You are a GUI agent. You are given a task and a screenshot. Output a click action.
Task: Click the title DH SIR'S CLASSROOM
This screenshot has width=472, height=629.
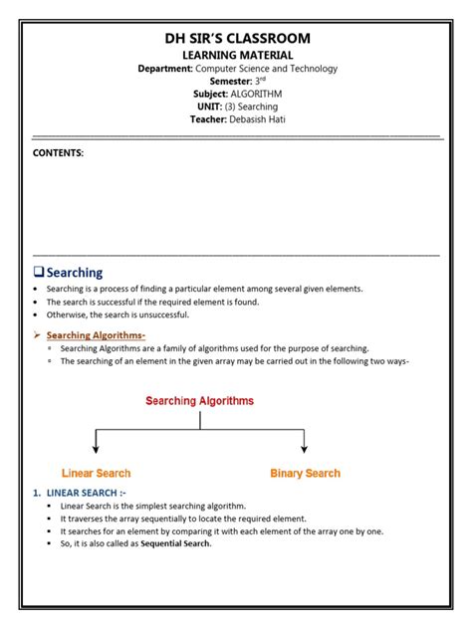point(237,38)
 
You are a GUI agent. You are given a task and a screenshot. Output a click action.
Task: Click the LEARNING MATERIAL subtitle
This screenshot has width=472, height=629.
point(237,54)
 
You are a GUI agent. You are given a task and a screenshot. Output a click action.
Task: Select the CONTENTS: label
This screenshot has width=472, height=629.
point(59,153)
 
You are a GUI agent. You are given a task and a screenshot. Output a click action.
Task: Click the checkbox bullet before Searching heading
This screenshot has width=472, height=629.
point(39,272)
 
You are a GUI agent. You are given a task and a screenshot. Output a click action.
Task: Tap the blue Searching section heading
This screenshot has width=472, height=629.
point(75,272)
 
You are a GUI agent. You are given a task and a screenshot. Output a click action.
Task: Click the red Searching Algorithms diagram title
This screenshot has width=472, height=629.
point(200,401)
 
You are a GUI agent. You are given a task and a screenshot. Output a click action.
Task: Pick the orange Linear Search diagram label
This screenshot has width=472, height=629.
point(96,473)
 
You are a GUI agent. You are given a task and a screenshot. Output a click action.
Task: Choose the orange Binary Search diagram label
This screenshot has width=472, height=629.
point(305,473)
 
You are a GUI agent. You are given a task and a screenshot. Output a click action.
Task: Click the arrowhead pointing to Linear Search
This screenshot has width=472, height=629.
point(95,449)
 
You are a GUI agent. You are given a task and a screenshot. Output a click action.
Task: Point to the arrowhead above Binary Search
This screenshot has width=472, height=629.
point(304,449)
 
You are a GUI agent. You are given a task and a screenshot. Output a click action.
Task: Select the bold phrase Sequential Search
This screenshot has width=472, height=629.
point(175,543)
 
